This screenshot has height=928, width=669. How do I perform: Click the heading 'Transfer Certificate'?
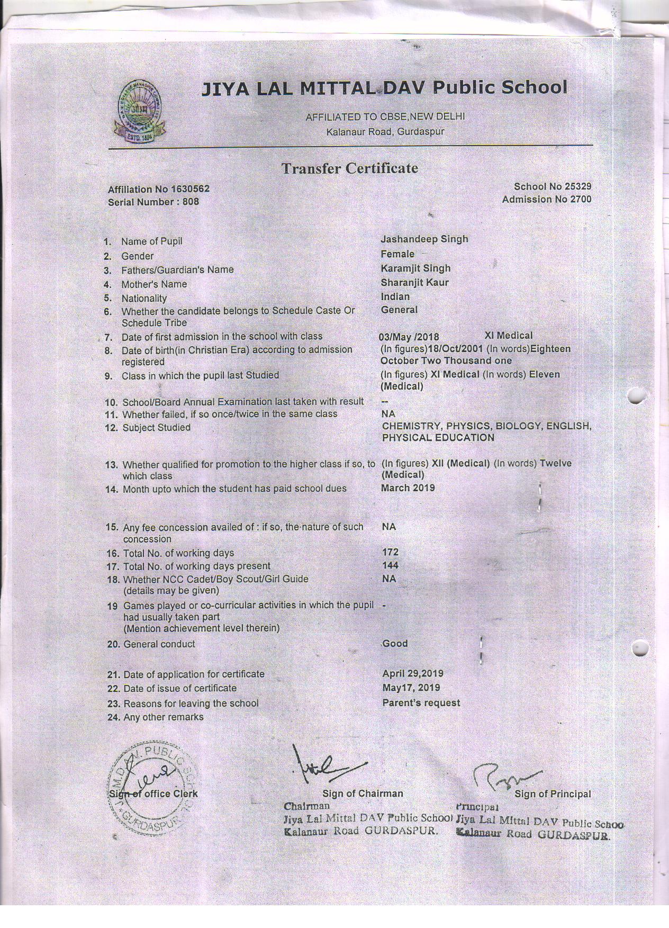pyautogui.click(x=349, y=168)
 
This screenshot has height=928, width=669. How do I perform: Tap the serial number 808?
pyautogui.click(x=191, y=202)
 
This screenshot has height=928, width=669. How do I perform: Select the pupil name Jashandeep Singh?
pyautogui.click(x=424, y=239)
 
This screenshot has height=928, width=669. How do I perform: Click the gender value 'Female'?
pyautogui.click(x=397, y=254)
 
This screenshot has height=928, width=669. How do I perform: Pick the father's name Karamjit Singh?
pyautogui.click(x=415, y=268)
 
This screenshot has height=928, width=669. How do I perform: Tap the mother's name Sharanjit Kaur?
pyautogui.click(x=414, y=283)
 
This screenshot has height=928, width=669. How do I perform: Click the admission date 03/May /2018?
pyautogui.click(x=409, y=337)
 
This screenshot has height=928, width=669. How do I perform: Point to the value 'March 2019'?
pyautogui.click(x=408, y=488)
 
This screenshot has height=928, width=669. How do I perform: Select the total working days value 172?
pyautogui.click(x=390, y=552)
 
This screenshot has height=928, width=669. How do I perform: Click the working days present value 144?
pyautogui.click(x=390, y=565)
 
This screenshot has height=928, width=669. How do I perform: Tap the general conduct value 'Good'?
pyautogui.click(x=395, y=644)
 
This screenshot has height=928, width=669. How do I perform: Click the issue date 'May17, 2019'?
pyautogui.click(x=411, y=688)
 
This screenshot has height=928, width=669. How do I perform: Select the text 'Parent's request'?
pyautogui.click(x=421, y=703)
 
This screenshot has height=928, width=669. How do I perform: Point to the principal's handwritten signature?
pyautogui.click(x=505, y=777)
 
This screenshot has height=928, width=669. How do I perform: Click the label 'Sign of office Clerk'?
pyautogui.click(x=153, y=794)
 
